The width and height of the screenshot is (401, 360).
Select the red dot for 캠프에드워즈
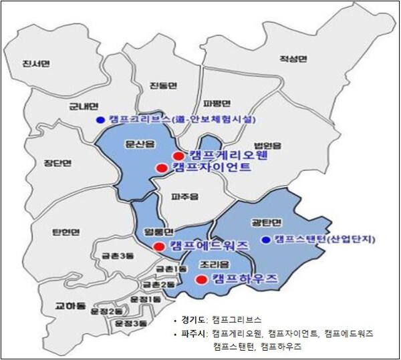coord(158,246)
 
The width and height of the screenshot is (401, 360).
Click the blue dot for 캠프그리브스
coord(100,120)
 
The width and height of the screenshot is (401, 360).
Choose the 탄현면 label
coord(65,232)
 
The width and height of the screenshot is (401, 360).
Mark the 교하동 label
coord(70,307)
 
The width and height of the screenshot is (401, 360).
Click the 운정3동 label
coord(129,323)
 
